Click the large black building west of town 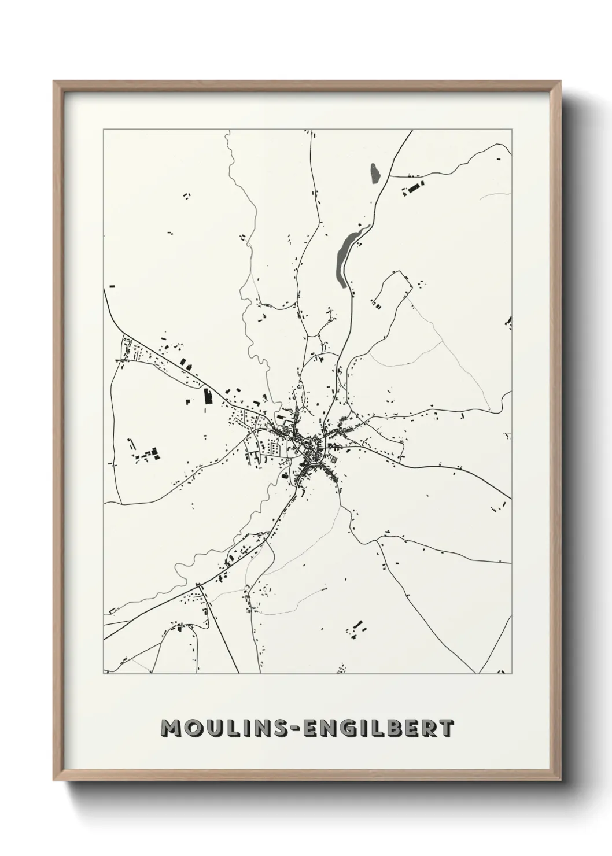point(208,396)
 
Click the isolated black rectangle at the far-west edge point(112,286)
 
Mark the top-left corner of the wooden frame point(54,82)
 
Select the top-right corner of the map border point(512,130)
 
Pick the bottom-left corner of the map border point(104,674)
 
